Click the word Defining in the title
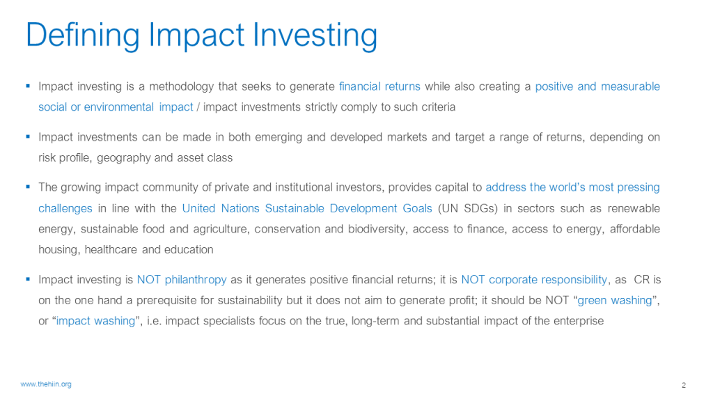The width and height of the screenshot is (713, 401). point(83,36)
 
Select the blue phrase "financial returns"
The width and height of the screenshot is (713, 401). point(379,86)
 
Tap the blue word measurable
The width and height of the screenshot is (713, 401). point(630,86)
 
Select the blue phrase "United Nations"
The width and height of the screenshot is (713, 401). point(221,208)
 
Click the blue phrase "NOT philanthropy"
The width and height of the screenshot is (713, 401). point(182,280)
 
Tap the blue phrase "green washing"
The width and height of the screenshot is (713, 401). point(615,301)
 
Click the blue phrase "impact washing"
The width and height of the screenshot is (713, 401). point(95,321)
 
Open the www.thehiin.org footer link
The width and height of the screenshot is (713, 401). point(46,384)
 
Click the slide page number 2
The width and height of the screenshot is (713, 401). point(684,386)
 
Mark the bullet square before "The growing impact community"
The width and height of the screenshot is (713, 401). point(28,187)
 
